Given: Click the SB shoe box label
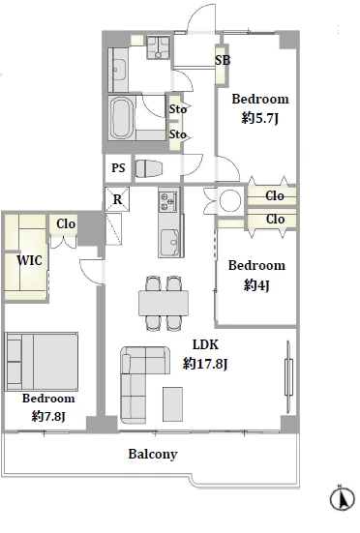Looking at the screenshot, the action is pos(223,60).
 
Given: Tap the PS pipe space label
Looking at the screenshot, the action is pos(118,167).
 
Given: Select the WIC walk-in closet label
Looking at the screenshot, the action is pos(30,260).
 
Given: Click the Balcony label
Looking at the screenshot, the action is pos(153,454).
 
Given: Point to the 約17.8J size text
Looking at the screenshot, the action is pos(205,364).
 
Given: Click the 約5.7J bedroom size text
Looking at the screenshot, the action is pos(260,118).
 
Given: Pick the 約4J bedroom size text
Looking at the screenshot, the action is pos(256,284).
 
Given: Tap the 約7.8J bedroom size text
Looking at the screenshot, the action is pos(48,416).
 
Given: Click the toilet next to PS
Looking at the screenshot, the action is pos(149,168).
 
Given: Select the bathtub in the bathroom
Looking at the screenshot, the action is pos(121,118).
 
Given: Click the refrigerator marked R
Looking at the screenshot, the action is pos(117,199).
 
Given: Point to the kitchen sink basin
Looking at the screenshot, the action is pos(169,243).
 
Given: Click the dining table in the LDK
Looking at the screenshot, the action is pos(164,303).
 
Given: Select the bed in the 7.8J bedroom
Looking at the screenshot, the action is pos(42,362).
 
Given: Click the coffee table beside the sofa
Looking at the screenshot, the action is pos(172,404).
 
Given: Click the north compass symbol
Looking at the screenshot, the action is pos(343,499).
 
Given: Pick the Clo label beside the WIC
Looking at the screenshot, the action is pos(66,223).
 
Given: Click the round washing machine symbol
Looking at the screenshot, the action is pos(230,200).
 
